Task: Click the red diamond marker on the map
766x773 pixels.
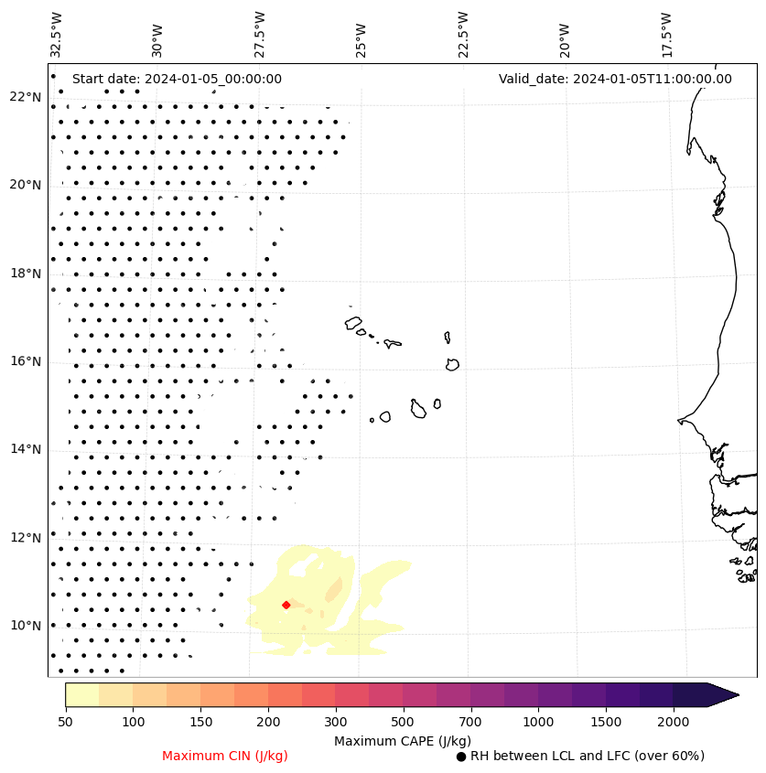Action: pyautogui.click(x=286, y=605)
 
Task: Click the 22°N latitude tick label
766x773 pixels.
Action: pyautogui.click(x=26, y=97)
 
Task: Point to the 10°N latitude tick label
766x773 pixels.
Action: pyautogui.click(x=26, y=626)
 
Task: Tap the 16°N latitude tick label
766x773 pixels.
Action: pyautogui.click(x=26, y=361)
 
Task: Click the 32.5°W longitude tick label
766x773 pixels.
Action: pyautogui.click(x=57, y=34)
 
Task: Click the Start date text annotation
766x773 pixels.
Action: pyautogui.click(x=177, y=79)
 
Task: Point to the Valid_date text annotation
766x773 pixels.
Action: pyautogui.click(x=615, y=79)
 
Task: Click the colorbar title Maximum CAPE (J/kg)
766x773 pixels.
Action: pyautogui.click(x=402, y=741)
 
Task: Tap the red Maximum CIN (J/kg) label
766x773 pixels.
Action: pyautogui.click(x=225, y=756)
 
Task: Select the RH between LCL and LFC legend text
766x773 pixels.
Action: pyautogui.click(x=587, y=756)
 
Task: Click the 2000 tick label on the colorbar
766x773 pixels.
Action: pyautogui.click(x=674, y=723)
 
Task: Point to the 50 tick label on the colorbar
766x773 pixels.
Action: pyautogui.click(x=65, y=723)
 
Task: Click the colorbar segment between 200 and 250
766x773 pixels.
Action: pyautogui.click(x=285, y=694)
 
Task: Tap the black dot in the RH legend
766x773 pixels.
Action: pyautogui.click(x=461, y=757)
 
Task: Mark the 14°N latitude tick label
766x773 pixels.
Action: pyautogui.click(x=26, y=449)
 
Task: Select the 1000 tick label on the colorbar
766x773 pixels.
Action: pyautogui.click(x=538, y=723)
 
